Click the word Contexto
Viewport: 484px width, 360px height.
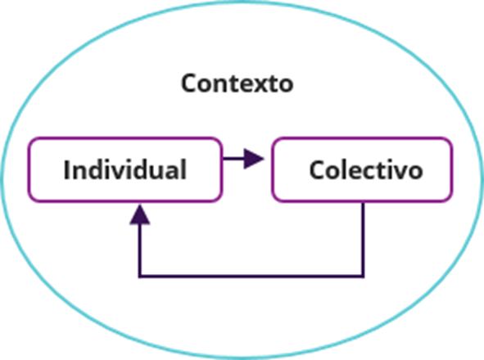[x=237, y=83]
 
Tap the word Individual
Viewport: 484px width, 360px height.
[x=125, y=169]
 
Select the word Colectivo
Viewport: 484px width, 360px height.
[x=366, y=170]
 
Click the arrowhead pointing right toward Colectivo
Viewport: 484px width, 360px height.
[x=254, y=159]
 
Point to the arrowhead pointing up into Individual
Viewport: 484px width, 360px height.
[x=140, y=214]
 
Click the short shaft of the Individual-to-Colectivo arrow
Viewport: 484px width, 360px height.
[x=233, y=159]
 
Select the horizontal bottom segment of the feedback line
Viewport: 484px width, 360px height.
[x=251, y=277]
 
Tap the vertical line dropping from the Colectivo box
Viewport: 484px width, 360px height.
[x=363, y=240]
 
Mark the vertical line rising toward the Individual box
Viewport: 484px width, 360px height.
[x=140, y=250]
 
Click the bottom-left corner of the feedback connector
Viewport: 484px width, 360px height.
[x=140, y=277]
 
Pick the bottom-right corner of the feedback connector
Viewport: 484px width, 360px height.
[x=363, y=277]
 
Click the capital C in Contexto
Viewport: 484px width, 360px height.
[x=188, y=83]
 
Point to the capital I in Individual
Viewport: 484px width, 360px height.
[x=66, y=169]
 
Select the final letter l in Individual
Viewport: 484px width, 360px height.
[x=184, y=169]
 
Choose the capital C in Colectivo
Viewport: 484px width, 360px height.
[x=317, y=169]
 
